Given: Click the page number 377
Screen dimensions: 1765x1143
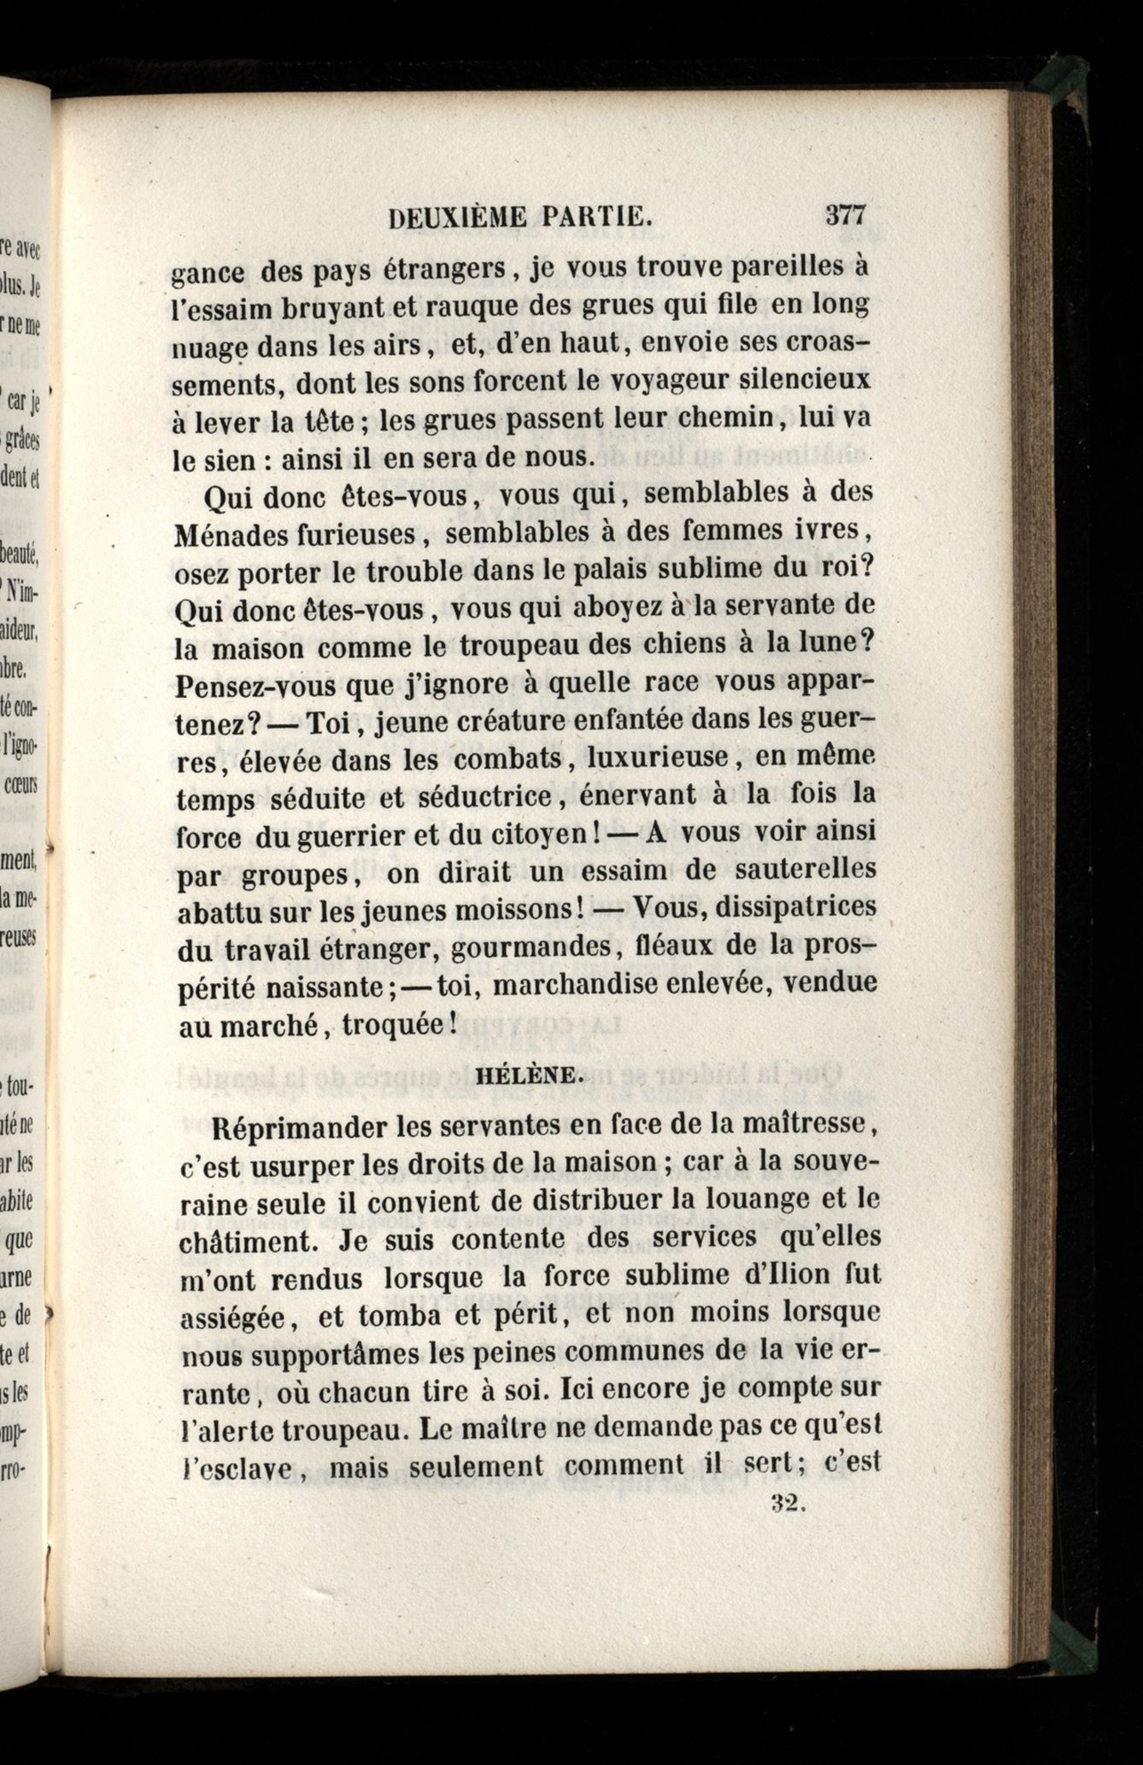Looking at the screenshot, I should [846, 215].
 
